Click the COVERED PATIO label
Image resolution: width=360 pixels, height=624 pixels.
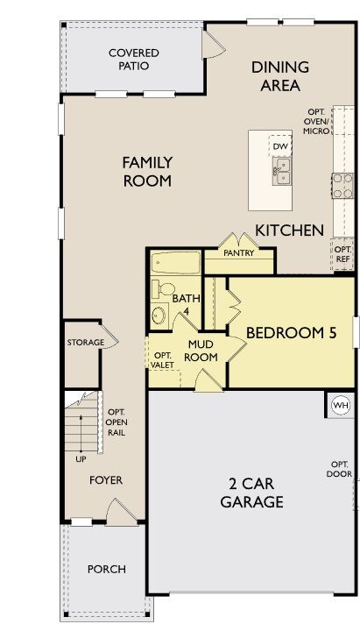point(134,60)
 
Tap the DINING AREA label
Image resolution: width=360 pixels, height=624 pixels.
point(280,76)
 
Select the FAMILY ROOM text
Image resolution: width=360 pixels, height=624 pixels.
point(147,172)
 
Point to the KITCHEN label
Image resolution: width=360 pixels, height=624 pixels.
point(290,230)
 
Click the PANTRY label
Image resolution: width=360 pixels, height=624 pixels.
point(238,253)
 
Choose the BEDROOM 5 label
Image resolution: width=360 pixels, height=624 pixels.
point(286,333)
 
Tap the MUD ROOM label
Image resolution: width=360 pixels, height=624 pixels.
point(201,351)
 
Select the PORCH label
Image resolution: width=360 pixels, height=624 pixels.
point(106,569)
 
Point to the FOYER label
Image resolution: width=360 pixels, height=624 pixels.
point(106,480)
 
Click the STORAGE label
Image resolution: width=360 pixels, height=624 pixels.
point(86,342)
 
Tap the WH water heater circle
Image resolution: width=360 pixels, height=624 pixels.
point(340,405)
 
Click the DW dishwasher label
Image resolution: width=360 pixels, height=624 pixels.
point(280,146)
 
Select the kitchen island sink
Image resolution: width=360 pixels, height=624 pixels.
point(282,171)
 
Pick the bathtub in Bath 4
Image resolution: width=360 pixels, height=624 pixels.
point(175,263)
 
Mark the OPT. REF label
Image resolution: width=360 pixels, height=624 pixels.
point(342,253)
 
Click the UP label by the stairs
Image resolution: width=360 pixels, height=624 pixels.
point(81,458)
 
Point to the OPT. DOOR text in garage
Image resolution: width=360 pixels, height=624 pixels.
point(339,469)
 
